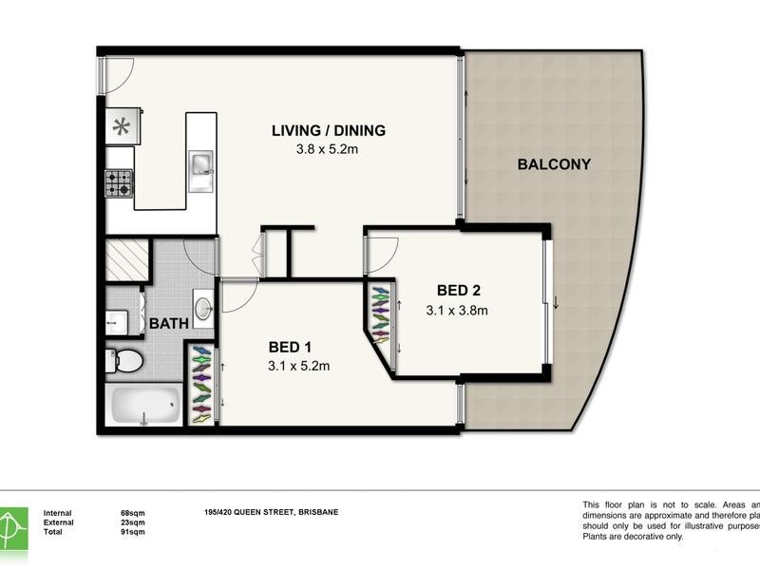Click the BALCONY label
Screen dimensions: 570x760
(x=554, y=164)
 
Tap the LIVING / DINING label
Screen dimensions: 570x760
(x=329, y=131)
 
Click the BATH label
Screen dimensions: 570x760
(x=168, y=324)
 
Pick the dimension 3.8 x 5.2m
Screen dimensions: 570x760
(x=329, y=149)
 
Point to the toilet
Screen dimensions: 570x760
(x=125, y=360)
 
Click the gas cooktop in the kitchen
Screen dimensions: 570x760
(x=119, y=182)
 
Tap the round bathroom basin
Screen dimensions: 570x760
(x=203, y=308)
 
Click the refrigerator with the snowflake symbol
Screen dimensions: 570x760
(x=122, y=126)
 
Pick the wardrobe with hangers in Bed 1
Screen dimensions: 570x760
(x=201, y=385)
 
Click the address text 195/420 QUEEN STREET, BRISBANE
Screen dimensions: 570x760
(x=271, y=513)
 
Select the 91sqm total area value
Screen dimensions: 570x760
(x=132, y=532)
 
